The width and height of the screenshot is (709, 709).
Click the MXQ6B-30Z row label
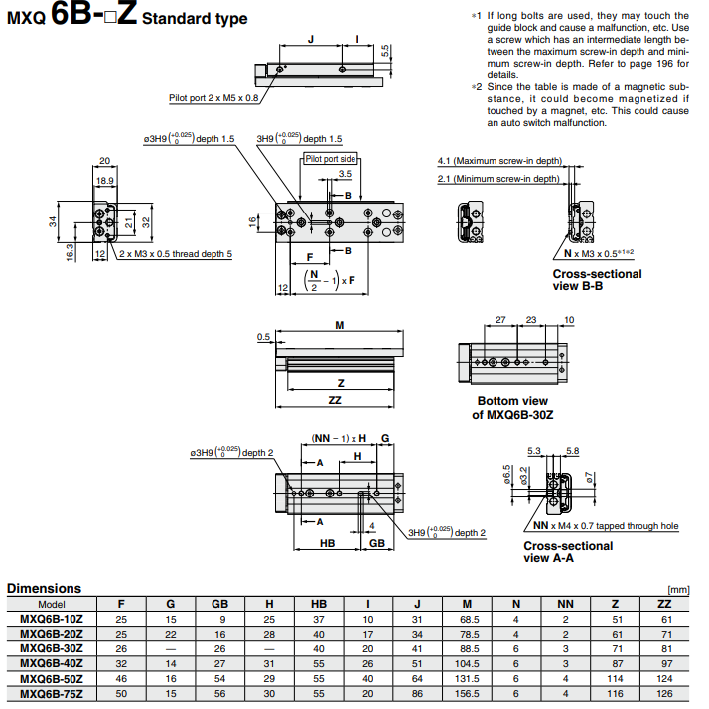(52, 647)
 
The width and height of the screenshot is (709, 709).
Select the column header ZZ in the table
(664, 604)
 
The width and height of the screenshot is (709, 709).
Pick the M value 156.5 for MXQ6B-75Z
(467, 692)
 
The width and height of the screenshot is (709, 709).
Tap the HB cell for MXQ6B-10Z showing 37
(319, 618)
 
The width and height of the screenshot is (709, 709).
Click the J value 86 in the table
(417, 692)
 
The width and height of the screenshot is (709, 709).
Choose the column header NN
(565, 604)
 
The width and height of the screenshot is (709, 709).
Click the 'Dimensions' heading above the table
(44, 588)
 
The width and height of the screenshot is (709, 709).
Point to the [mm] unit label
(678, 590)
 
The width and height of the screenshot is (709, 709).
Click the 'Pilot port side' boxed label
(331, 158)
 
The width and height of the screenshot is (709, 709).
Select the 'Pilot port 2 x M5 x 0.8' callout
(213, 98)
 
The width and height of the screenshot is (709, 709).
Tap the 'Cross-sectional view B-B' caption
(598, 280)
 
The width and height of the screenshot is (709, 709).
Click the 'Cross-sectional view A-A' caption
(568, 552)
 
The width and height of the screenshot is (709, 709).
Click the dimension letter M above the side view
(339, 326)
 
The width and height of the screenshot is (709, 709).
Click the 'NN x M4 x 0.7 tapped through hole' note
(605, 526)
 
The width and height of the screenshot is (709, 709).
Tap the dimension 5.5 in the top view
(386, 51)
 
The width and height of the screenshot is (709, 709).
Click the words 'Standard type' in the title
(195, 19)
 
